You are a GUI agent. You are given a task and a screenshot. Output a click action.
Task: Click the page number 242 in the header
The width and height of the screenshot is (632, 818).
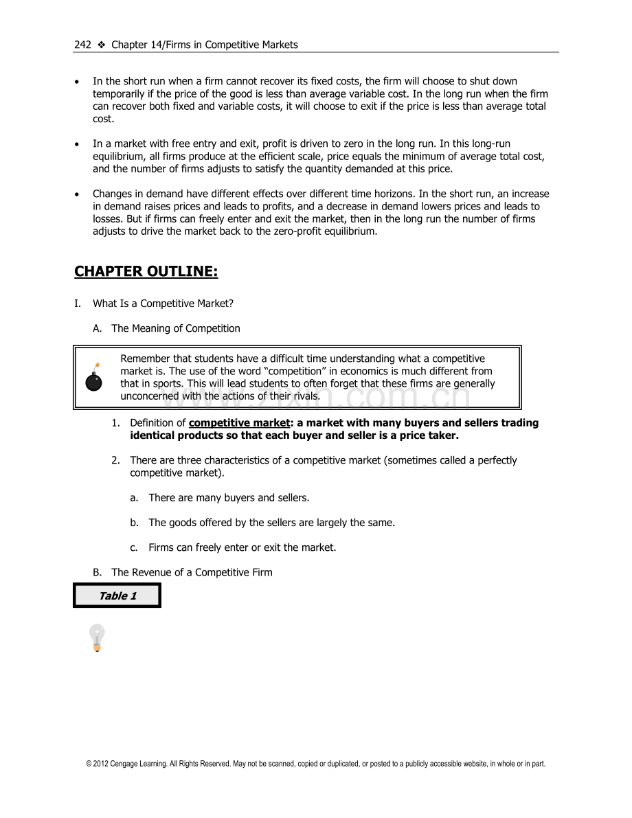(x=82, y=45)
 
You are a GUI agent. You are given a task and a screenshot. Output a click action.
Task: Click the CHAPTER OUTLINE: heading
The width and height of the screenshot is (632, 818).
(x=146, y=271)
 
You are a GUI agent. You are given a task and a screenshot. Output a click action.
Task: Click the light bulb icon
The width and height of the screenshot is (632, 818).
(x=97, y=637)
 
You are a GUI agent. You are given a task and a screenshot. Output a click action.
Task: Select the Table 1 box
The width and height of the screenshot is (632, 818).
(x=117, y=595)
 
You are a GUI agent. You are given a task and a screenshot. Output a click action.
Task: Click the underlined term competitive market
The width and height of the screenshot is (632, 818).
(x=239, y=423)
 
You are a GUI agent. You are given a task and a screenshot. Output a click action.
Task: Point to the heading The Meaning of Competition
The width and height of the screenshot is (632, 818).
(x=176, y=328)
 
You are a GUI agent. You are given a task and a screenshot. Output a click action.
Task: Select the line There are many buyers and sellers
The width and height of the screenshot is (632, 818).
(x=229, y=497)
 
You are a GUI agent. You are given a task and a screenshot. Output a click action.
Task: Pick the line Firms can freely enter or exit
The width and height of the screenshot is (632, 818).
(x=242, y=547)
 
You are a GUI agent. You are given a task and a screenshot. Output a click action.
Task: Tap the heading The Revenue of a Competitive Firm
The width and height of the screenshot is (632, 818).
(x=192, y=572)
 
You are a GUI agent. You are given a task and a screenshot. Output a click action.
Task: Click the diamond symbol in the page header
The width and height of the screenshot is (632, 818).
(x=101, y=45)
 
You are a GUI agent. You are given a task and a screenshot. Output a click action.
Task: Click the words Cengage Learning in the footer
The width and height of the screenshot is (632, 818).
(x=137, y=764)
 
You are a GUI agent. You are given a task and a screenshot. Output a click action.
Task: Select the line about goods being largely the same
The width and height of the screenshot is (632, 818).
(x=271, y=523)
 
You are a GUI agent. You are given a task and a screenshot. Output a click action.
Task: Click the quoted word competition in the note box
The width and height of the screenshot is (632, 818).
(x=295, y=371)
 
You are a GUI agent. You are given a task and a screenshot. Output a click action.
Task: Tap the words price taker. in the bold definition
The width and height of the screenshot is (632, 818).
(x=429, y=435)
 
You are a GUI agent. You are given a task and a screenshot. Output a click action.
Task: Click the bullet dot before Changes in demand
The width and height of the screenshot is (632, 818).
(x=77, y=194)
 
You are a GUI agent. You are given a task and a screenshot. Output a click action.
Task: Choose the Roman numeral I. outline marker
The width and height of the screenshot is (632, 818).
(x=78, y=304)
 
